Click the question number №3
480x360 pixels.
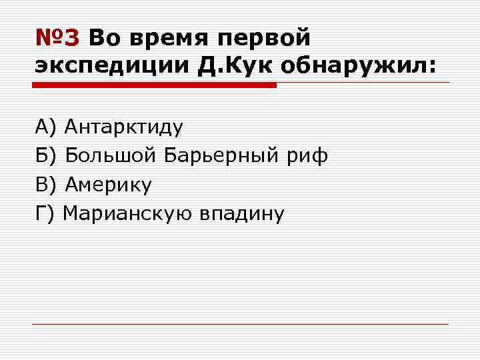57,39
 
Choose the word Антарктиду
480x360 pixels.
124,127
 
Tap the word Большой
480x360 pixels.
110,155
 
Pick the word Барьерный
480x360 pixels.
215,156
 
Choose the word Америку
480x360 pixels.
109,185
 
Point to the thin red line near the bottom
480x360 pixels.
241,324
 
